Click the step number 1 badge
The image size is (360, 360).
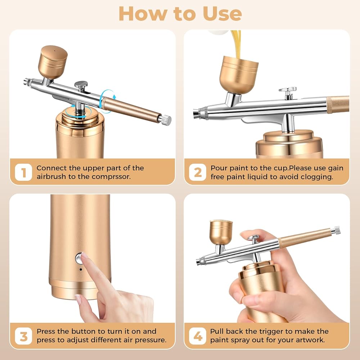[x=23, y=172]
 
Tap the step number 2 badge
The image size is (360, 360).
[x=198, y=172]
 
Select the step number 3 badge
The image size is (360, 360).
[x=23, y=336]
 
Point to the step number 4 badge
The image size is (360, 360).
[x=198, y=336]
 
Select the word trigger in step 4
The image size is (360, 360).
[x=270, y=332]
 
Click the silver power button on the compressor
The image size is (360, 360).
[x=79, y=258]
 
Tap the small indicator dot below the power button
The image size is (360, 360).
[x=81, y=269]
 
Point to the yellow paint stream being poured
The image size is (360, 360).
[x=236, y=44]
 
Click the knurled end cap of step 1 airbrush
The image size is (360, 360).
[x=165, y=120]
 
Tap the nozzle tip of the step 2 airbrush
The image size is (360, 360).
[x=197, y=112]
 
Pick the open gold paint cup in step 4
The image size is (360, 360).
[x=221, y=232]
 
